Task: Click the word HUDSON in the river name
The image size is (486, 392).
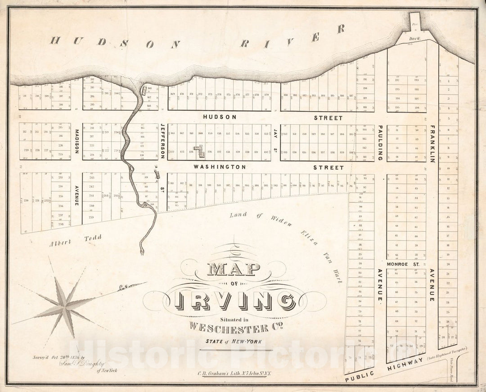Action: click(115, 42)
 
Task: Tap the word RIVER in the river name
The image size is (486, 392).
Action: click(292, 37)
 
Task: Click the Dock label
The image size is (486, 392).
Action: click(414, 39)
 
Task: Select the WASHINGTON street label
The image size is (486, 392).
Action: click(220, 167)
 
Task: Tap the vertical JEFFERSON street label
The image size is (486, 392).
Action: click(162, 141)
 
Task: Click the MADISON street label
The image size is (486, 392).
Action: click(76, 142)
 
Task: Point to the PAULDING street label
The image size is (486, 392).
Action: click(380, 143)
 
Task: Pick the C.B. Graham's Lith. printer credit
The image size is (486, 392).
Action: click(235, 373)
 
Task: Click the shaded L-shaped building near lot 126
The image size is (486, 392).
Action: click(199, 151)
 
